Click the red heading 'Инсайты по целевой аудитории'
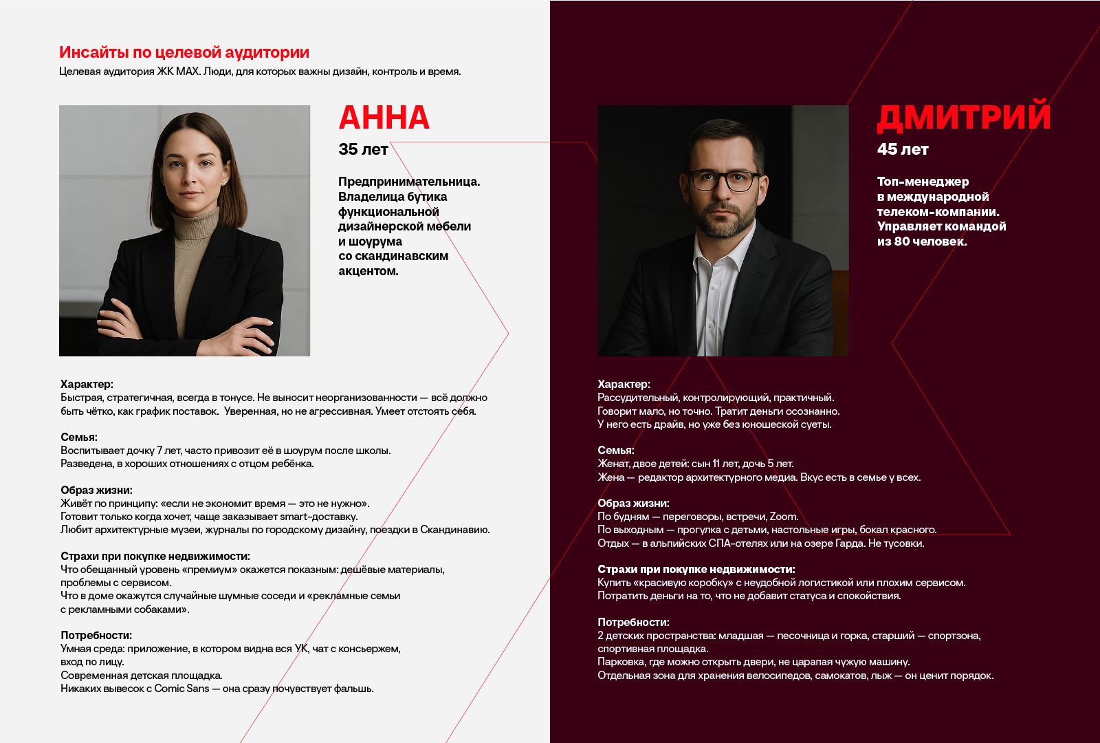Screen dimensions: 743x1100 click(x=184, y=52)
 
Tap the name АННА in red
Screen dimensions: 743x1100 click(x=384, y=118)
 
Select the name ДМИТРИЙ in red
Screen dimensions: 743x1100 click(x=964, y=117)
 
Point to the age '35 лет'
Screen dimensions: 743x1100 click(x=363, y=149)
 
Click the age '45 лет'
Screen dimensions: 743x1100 click(x=902, y=149)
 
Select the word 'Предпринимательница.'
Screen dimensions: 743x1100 click(x=409, y=182)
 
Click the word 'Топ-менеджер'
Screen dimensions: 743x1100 click(x=923, y=182)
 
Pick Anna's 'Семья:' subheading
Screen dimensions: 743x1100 click(x=79, y=438)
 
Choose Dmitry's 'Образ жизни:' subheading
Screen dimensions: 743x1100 click(x=633, y=504)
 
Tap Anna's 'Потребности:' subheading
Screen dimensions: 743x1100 click(x=96, y=636)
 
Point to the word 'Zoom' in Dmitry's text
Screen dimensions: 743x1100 click(x=783, y=517)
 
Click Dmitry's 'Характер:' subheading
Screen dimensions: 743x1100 click(x=624, y=385)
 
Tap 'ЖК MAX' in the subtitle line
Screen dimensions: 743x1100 click(x=178, y=72)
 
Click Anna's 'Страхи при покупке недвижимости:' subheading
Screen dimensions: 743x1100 click(x=155, y=557)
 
